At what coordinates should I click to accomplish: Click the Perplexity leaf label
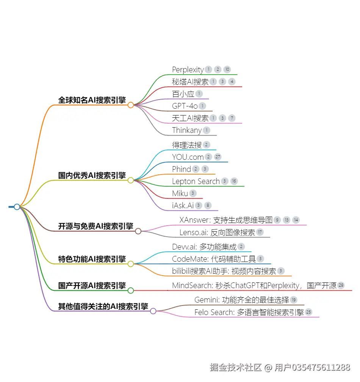tap(188, 70)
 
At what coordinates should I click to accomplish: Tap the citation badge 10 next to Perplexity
tap(227, 69)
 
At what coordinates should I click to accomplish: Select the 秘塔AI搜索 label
tap(190, 82)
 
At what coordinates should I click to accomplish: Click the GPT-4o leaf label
tap(185, 106)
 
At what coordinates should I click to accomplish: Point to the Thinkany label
tap(187, 130)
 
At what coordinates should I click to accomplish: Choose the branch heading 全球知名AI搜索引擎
tap(92, 100)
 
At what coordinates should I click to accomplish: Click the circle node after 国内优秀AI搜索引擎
tap(131, 180)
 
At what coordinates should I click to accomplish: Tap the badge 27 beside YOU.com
tap(218, 157)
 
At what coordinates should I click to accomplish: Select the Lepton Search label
tap(196, 181)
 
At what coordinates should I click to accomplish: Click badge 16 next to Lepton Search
tap(234, 181)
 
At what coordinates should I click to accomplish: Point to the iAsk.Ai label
tap(183, 206)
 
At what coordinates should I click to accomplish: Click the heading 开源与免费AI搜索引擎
tap(95, 226)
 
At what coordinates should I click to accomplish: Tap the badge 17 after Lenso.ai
tap(260, 232)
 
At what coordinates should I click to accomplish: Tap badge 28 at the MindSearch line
tap(341, 285)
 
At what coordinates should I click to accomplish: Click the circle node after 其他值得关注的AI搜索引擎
tap(153, 311)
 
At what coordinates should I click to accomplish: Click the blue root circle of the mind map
tap(17, 207)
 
